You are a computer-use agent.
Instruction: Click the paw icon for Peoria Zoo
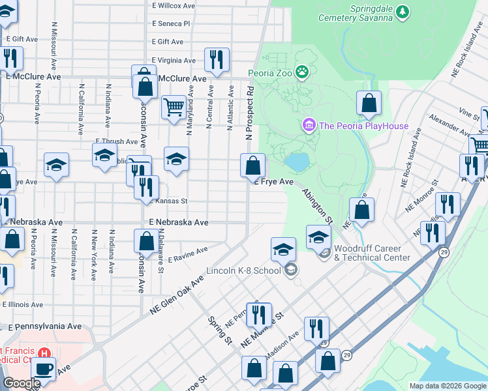pos(302,72)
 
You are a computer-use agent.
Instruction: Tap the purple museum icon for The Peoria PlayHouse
pos(309,124)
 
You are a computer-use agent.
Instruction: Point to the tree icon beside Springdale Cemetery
pos(403,10)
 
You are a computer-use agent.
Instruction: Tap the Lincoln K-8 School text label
pos(243,270)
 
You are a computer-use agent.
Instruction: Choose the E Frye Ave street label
pos(273,182)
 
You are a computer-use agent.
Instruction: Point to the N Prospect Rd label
pos(249,111)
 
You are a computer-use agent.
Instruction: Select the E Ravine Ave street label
pos(187,254)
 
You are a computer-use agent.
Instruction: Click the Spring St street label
pos(219,330)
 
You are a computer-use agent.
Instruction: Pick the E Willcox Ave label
pos(173,5)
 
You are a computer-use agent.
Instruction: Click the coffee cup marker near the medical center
pos(44,369)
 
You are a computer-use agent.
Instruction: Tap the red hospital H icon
pos(44,353)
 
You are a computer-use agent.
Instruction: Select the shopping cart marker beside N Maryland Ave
pos(173,106)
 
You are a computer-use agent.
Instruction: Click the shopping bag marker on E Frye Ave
pos(252,166)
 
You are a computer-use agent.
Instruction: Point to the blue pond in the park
pos(296,162)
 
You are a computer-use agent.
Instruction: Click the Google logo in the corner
pos(21,383)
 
